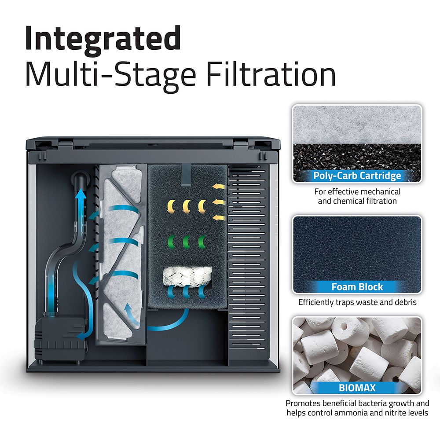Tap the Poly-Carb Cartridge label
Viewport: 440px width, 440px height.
pyautogui.click(x=357, y=176)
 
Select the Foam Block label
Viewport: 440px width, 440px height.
pyautogui.click(x=357, y=287)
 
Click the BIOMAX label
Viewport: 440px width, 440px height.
pyautogui.click(x=357, y=388)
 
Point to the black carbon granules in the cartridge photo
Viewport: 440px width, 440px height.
pyautogui.click(x=357, y=156)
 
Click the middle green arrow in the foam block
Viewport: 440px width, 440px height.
pyautogui.click(x=186, y=241)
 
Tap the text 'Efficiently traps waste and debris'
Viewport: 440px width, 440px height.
pyautogui.click(x=357, y=303)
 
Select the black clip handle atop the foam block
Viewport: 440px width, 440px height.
pyautogui.click(x=186, y=174)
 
